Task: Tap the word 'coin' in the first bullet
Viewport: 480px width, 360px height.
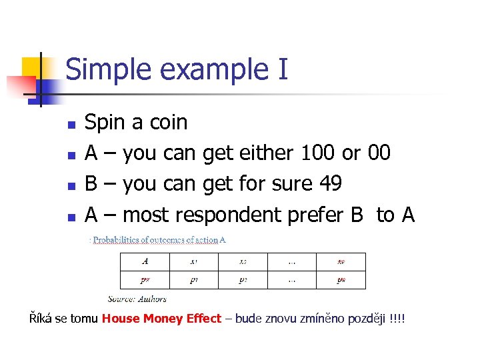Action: coord(168,122)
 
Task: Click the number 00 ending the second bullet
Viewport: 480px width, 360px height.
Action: coord(379,153)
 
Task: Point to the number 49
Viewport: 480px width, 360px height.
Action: coord(327,183)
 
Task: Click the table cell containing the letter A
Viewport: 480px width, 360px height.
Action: coord(145,261)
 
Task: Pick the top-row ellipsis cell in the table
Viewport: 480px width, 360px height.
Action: coord(291,261)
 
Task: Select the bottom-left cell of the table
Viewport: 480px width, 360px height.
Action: coord(145,280)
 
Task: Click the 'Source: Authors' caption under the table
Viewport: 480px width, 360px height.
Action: coord(137,299)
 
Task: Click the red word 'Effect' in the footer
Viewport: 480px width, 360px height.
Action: coord(203,319)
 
